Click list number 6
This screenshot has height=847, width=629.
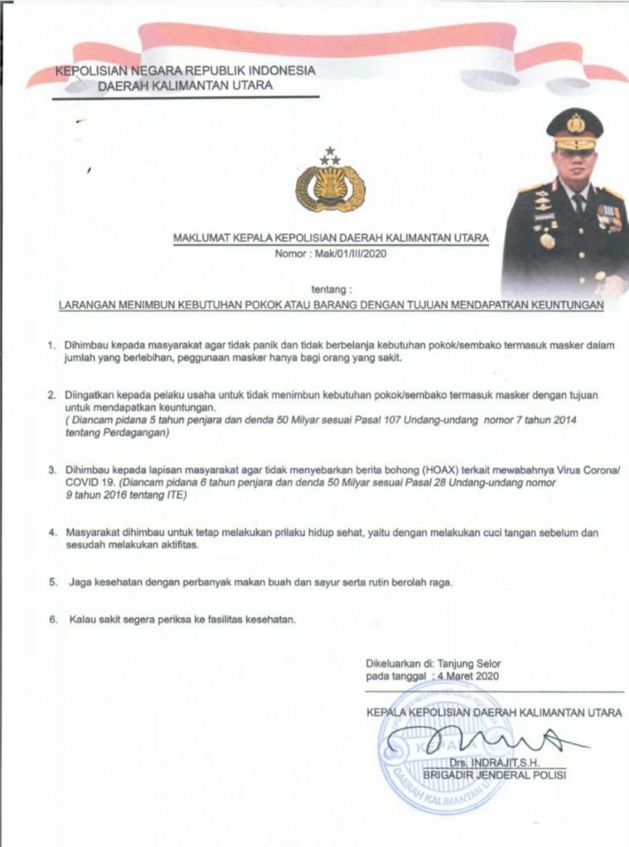[51, 619]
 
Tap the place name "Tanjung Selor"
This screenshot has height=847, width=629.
[469, 663]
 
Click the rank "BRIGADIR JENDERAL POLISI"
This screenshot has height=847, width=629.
[494, 774]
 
